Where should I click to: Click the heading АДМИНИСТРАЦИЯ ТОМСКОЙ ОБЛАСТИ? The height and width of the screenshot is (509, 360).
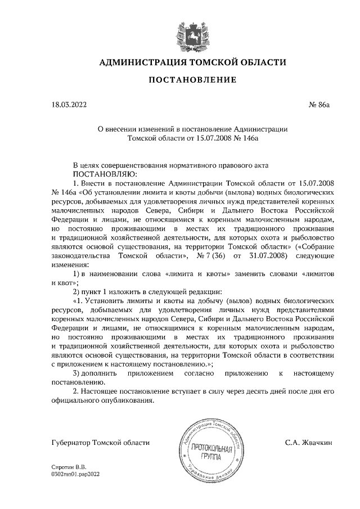point(192,62)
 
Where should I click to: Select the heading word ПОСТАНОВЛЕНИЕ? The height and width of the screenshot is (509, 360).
point(192,81)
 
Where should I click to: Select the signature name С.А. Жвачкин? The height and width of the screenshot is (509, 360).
point(309,443)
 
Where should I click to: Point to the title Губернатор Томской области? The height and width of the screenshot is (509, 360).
point(100,443)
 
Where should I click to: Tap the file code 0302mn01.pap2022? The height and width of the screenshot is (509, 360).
point(75,474)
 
